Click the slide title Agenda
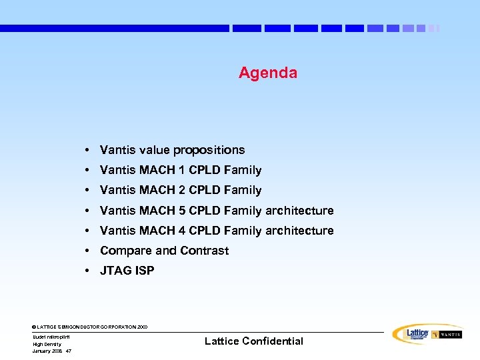(x=268, y=73)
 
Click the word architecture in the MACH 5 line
(x=299, y=211)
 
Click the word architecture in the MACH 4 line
(x=299, y=231)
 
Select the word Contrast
(x=204, y=251)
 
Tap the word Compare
(x=125, y=251)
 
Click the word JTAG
(x=115, y=271)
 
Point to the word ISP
(x=145, y=271)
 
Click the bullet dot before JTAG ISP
(x=88, y=271)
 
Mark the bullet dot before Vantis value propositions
(x=88, y=151)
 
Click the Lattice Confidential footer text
(x=253, y=341)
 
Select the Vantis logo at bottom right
(x=447, y=334)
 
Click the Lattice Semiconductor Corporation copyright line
(x=90, y=327)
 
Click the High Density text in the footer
(x=47, y=344)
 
